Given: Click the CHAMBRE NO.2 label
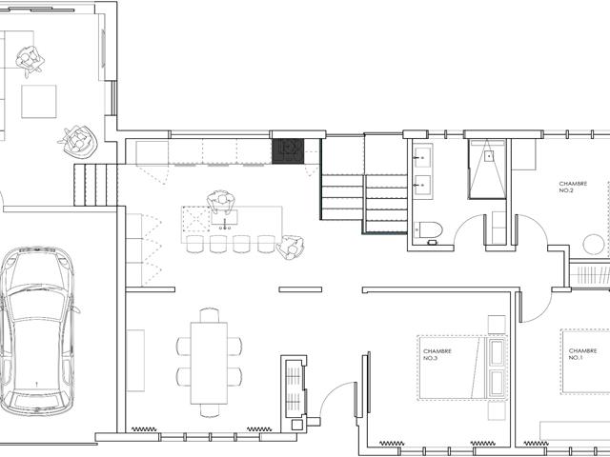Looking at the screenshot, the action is (573, 187).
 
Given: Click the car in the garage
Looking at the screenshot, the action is (38, 330).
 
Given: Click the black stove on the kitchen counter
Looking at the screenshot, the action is (288, 151).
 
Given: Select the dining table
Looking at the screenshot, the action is (209, 364).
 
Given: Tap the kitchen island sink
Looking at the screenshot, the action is (225, 217).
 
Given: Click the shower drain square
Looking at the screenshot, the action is (489, 156).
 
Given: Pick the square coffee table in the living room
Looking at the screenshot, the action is (39, 102).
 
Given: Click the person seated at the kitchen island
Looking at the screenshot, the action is (221, 202).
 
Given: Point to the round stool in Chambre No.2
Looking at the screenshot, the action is (593, 245).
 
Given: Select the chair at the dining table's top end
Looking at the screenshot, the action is (210, 315).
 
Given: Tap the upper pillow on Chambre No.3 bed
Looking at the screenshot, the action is (498, 353).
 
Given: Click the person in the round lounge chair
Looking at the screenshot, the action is (78, 142).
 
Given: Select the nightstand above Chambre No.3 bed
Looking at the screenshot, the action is (497, 325).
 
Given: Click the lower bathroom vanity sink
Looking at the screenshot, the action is (422, 186).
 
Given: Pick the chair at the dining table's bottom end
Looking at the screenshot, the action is (210, 410).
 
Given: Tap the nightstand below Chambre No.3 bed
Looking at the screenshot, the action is (497, 410).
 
